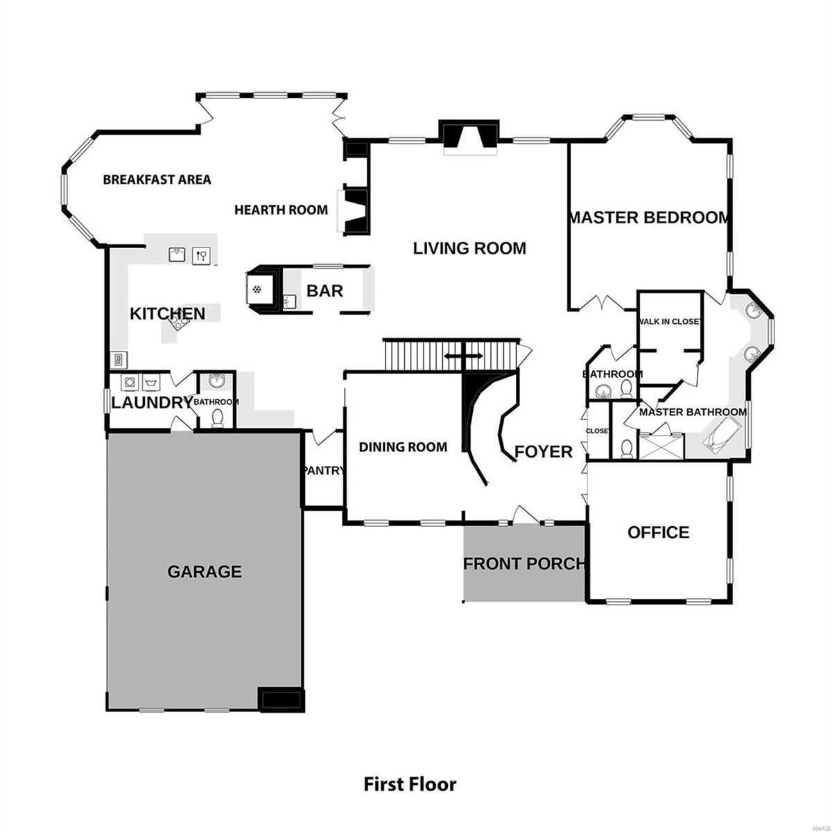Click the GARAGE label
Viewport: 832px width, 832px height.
pos(205,572)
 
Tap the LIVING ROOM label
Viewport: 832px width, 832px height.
pos(469,248)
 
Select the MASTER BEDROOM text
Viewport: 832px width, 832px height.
pos(649,218)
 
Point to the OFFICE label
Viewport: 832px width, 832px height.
pos(658,532)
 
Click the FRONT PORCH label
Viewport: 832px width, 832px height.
pos(524,564)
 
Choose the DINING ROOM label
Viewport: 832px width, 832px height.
pos(403,447)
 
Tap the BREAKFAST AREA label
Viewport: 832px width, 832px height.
pos(157,180)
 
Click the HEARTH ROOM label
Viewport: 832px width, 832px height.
pos(281,209)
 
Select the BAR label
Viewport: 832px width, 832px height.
pos(324,291)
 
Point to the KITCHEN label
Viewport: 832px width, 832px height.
pos(168,314)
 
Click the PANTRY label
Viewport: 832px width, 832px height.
pos(324,471)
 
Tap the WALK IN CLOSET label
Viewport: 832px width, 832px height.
pos(670,322)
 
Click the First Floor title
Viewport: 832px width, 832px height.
pos(410,784)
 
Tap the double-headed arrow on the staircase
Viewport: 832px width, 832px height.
pos(464,356)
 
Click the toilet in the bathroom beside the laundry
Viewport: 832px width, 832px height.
pos(218,418)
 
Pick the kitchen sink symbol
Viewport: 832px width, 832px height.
pos(177,255)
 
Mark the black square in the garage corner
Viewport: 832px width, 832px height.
pos(279,699)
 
